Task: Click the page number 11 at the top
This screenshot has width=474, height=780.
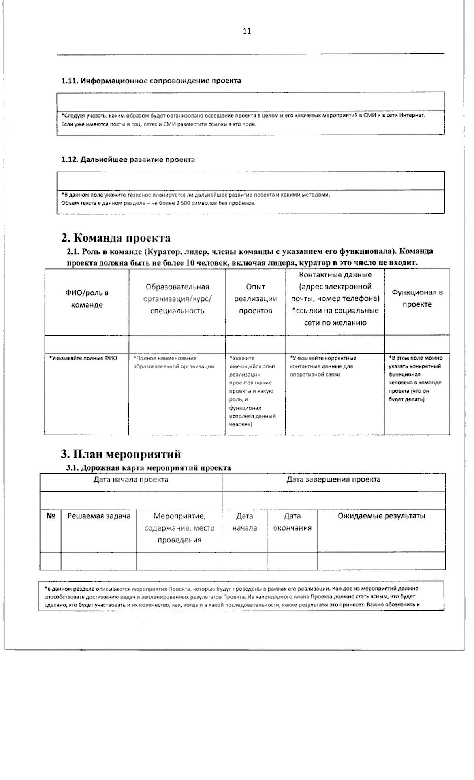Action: pyautogui.click(x=247, y=32)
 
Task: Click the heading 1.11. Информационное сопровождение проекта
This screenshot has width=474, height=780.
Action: pyautogui.click(x=151, y=81)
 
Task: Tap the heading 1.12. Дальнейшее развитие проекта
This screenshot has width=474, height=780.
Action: pyautogui.click(x=128, y=160)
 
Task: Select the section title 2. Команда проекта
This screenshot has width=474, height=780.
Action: pyautogui.click(x=116, y=238)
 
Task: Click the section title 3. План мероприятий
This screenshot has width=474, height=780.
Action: pyautogui.click(x=121, y=454)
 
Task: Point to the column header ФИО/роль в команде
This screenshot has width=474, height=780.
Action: pyautogui.click(x=87, y=299)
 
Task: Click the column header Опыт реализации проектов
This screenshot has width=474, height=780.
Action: pyautogui.click(x=256, y=299)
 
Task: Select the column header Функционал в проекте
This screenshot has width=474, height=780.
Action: pyautogui.click(x=417, y=298)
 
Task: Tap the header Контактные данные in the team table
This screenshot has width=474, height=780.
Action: pyautogui.click(x=335, y=275)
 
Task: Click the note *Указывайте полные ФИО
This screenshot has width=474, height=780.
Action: pyautogui.click(x=83, y=358)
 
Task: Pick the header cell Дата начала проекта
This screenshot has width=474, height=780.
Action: pyautogui.click(x=131, y=480)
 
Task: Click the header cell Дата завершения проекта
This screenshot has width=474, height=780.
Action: pyautogui.click(x=333, y=480)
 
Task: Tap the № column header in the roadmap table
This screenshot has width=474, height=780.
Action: pyautogui.click(x=51, y=516)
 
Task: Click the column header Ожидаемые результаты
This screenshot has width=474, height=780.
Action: pyautogui.click(x=381, y=516)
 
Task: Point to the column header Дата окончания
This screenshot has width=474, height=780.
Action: pyautogui.click(x=292, y=522)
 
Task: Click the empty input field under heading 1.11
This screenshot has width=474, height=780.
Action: pyautogui.click(x=251, y=101)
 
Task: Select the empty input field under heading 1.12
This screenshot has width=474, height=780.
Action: pyautogui.click(x=251, y=181)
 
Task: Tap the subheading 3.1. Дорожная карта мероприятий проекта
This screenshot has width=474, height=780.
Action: pyautogui.click(x=149, y=468)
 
